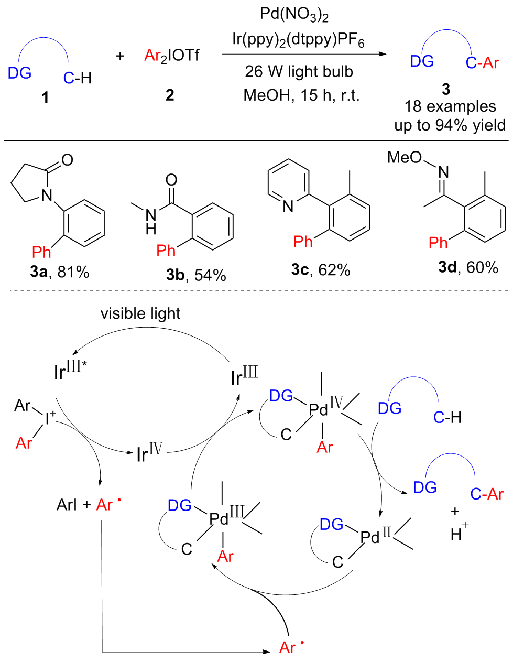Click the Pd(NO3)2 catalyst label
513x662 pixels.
[x=294, y=14]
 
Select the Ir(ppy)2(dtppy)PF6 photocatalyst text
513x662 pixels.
[x=298, y=40]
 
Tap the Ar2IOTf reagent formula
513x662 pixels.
[x=171, y=56]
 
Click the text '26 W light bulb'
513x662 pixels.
[x=299, y=71]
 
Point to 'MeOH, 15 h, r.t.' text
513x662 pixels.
[x=301, y=95]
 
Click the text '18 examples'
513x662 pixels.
[x=450, y=106]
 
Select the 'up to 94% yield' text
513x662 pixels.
[x=450, y=125]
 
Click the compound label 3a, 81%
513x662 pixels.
[x=60, y=272]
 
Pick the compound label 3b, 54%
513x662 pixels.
[x=196, y=275]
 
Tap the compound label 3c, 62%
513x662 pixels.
[x=320, y=269]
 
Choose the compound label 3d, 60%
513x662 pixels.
[x=468, y=267]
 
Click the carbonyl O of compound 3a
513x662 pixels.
[x=67, y=159]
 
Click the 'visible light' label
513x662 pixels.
[x=140, y=313]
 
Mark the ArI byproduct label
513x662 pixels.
[x=67, y=505]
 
